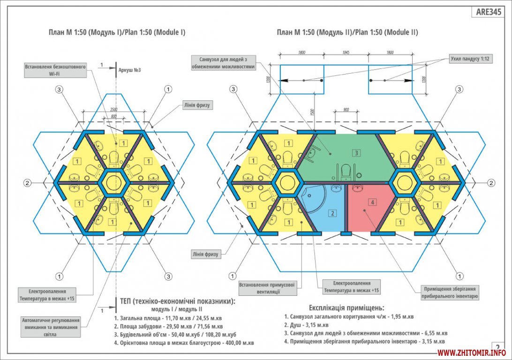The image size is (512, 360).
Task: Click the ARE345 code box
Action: (488, 12)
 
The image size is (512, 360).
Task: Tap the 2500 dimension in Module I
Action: (114, 109)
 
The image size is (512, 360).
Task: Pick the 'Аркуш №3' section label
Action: (129, 70)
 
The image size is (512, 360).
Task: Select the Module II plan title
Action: (347, 32)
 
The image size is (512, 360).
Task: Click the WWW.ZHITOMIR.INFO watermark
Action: (471, 352)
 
